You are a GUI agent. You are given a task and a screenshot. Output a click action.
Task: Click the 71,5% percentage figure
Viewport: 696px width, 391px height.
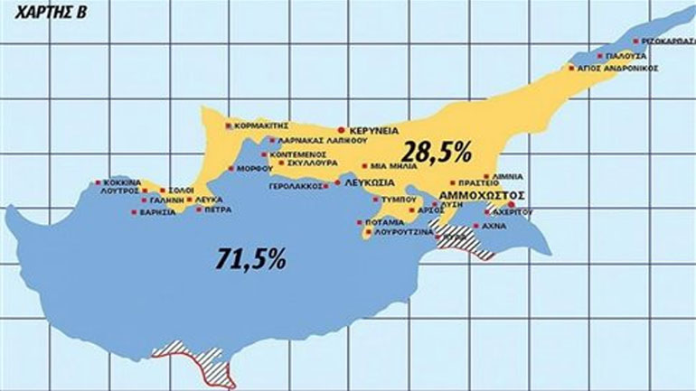(x=251, y=259)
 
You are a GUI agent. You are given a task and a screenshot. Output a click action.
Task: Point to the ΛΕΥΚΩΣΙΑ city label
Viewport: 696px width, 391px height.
(x=371, y=182)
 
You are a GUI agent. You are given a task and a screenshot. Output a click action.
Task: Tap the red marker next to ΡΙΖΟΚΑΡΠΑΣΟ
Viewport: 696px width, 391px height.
(x=636, y=41)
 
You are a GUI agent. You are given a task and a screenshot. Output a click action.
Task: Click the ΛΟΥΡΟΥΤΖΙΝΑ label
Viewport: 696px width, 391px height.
(x=401, y=232)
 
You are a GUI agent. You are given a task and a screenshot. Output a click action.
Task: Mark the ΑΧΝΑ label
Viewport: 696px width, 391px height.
(x=494, y=226)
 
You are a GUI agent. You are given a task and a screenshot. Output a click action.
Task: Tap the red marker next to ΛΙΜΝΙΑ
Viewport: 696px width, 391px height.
(x=486, y=176)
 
